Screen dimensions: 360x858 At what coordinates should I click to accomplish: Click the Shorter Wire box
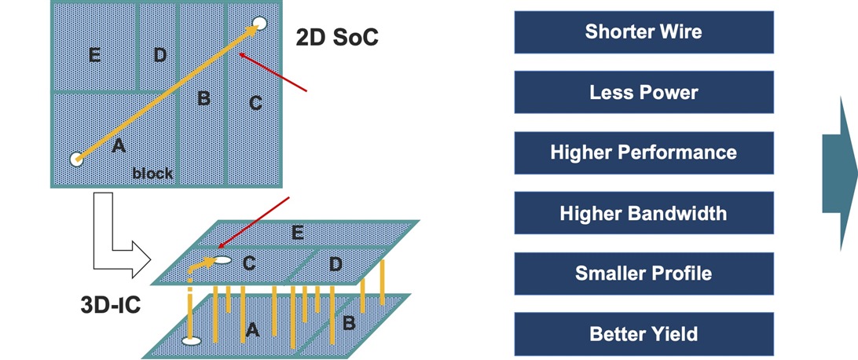[x=643, y=32]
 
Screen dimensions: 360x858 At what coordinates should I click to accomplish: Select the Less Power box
[x=643, y=93]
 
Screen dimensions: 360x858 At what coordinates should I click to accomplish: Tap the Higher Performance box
[x=643, y=152]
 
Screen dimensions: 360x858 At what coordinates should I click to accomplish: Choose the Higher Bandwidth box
[x=643, y=213]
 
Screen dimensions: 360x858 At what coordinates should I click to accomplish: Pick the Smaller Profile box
[x=643, y=274]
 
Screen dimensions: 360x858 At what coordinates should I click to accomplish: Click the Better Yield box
[x=643, y=333]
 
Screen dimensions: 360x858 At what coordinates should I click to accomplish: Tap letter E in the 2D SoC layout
[x=94, y=55]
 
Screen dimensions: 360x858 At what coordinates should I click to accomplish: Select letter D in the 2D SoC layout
[x=159, y=55]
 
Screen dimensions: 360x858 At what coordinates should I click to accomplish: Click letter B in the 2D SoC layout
[x=203, y=99]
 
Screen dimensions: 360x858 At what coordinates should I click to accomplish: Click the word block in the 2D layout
[x=152, y=173]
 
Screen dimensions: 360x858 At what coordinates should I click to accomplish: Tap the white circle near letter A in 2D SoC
[x=76, y=159]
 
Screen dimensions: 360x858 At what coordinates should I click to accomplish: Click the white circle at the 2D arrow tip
[x=259, y=24]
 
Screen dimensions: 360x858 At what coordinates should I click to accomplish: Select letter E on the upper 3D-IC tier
[x=297, y=232]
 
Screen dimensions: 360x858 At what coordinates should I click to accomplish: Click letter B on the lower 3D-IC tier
[x=348, y=321]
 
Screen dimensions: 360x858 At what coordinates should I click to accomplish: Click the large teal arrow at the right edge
[x=841, y=173]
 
